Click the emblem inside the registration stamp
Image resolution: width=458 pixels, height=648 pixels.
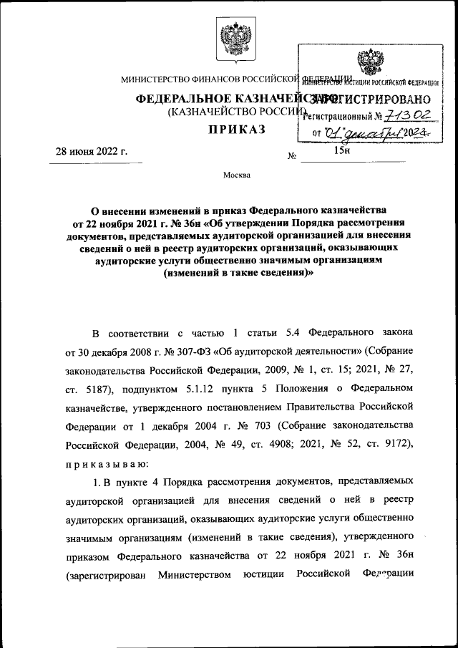[370, 62]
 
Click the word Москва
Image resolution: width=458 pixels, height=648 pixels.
[235, 175]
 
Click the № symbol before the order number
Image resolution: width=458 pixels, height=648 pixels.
[291, 155]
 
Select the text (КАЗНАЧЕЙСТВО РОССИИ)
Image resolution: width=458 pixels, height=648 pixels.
[236, 112]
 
